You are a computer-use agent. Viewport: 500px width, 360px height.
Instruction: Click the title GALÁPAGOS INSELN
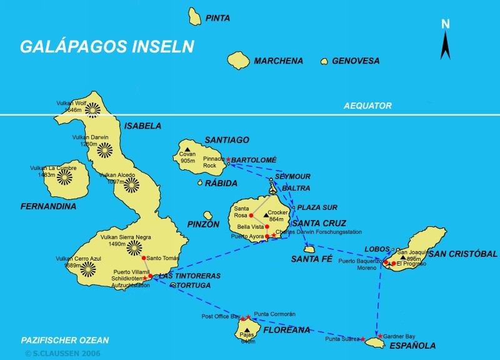(x=107, y=47)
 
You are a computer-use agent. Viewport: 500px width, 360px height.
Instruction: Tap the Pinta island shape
(x=195, y=16)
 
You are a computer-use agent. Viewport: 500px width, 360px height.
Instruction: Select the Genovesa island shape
(x=324, y=61)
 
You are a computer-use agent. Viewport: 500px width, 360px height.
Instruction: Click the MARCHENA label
(x=278, y=61)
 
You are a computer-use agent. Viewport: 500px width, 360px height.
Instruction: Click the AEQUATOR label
(x=367, y=106)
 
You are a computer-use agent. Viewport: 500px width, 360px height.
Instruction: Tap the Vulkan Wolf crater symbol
(x=92, y=109)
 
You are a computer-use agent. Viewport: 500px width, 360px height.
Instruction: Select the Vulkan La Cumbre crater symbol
(x=66, y=177)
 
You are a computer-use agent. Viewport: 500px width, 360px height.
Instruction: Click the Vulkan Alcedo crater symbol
(x=131, y=184)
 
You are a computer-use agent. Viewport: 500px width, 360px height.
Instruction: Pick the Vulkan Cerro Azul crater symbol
(x=87, y=269)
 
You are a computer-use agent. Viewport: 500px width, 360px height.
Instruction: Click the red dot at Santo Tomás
(x=144, y=258)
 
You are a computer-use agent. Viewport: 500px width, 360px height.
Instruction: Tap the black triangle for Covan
(x=187, y=149)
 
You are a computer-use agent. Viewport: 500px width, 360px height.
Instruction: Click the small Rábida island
(x=200, y=183)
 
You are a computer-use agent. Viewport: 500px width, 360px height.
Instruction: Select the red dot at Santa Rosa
(x=251, y=216)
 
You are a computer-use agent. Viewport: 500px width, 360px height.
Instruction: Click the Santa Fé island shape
(x=309, y=249)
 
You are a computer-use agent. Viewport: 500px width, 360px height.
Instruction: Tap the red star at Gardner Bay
(x=380, y=336)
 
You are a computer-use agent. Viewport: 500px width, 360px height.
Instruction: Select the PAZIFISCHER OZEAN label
(x=64, y=341)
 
